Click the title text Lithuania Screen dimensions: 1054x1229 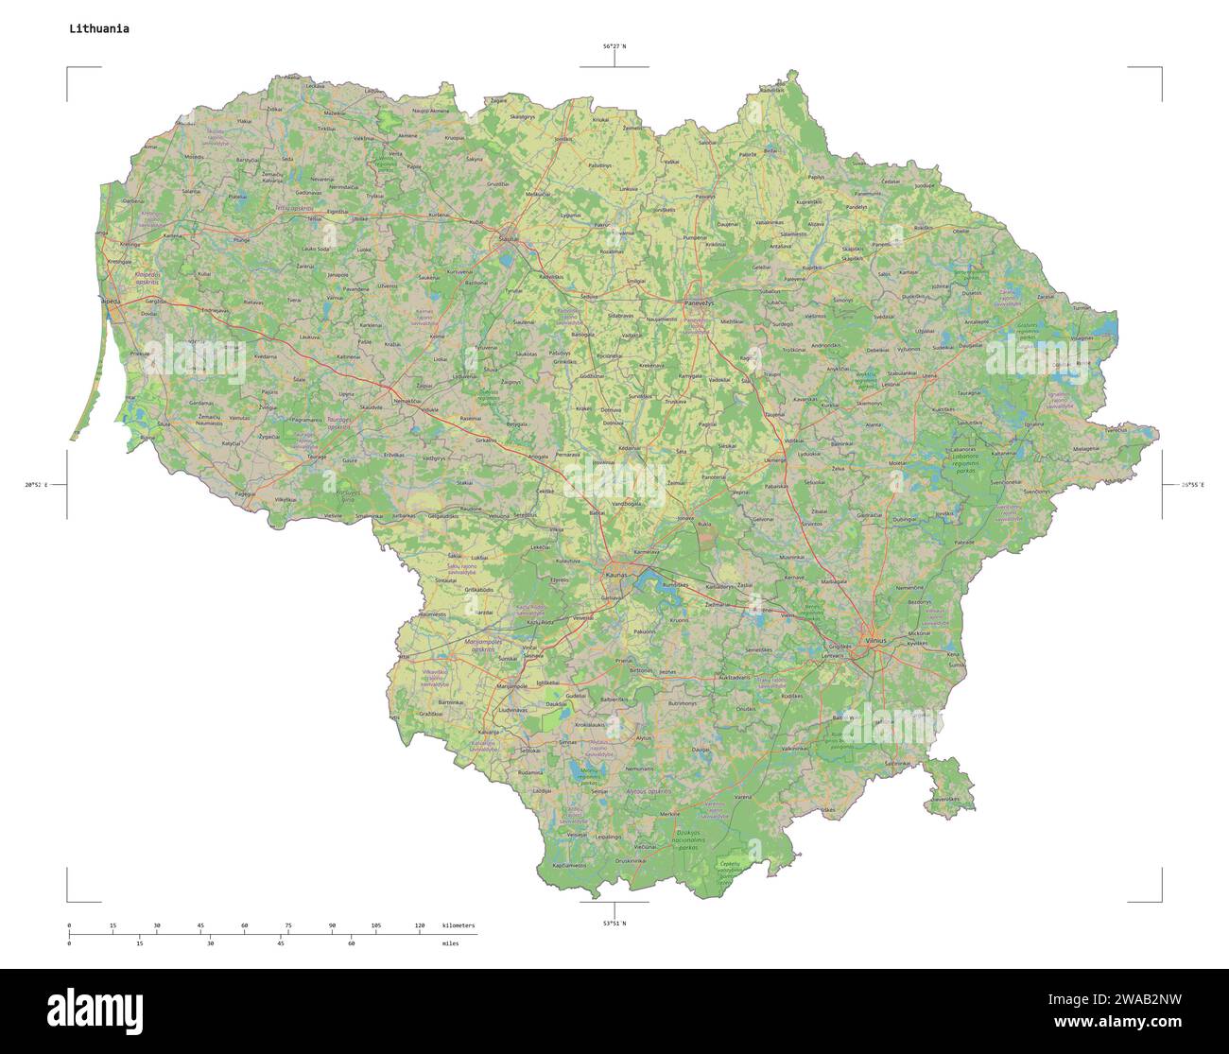pos(99,28)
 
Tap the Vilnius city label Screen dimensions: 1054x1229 pos(875,640)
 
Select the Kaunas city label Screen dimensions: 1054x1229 pos(615,574)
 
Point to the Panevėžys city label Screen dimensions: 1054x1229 pos(699,303)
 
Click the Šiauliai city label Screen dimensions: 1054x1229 pos(509,239)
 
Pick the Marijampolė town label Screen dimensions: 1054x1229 pos(511,685)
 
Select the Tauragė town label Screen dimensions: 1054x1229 pos(316,456)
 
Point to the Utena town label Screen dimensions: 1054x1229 pos(930,376)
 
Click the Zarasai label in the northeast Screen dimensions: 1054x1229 pos(1045,297)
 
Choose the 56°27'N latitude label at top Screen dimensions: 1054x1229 pos(614,46)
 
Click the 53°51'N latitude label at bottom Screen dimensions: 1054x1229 pos(614,923)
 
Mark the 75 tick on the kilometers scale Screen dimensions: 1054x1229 pos(288,924)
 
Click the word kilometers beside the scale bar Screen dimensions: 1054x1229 pos(458,924)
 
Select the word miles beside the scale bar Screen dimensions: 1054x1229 pos(449,943)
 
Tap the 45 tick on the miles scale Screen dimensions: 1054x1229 pos(281,943)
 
